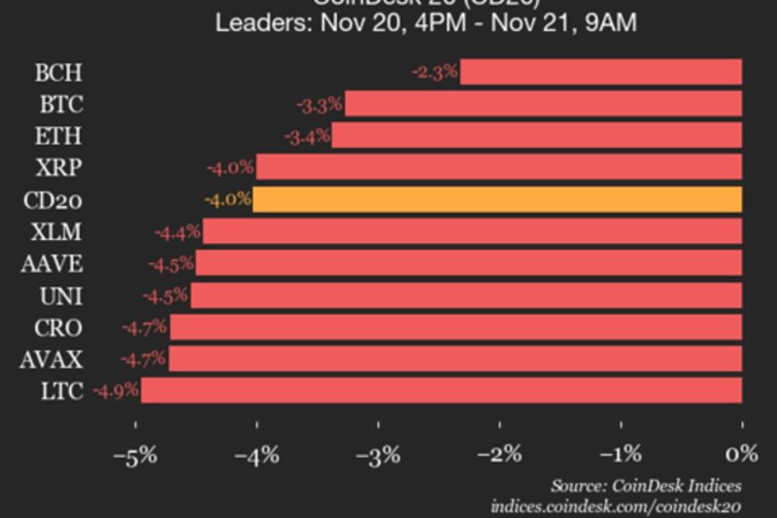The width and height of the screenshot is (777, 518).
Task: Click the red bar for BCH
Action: pos(600,72)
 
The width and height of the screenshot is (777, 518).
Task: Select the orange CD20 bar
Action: pos(497,200)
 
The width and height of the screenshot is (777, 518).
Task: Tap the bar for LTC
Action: pos(441,392)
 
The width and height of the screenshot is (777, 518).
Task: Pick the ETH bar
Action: pos(537,136)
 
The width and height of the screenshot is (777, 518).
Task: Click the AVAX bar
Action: pos(455,360)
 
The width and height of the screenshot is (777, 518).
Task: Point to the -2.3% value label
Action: pos(434,72)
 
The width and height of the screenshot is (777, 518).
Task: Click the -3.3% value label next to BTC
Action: pos(320,104)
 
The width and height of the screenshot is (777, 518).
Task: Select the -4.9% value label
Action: pos(116,392)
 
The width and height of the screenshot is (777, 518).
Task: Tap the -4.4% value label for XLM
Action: pos(178,232)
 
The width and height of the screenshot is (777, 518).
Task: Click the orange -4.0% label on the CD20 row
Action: pos(227,200)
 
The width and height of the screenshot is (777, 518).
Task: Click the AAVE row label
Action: pos(51,263)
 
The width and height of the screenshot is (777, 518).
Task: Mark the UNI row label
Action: pos(61,295)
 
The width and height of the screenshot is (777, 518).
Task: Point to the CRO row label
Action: pos(59,328)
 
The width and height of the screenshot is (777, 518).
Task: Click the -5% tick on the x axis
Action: pos(135,454)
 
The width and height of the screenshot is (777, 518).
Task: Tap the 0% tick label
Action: pos(741,454)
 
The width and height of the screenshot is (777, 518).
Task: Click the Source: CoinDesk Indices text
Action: pos(646,485)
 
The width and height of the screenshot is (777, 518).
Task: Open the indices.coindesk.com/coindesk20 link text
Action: pos(616,505)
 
